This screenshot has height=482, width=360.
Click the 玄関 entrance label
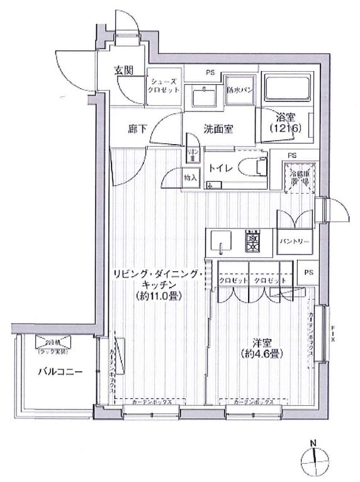point(124,69)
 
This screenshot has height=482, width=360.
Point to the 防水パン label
point(240,89)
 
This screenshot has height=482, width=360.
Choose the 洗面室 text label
point(218,129)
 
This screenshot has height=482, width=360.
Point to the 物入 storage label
point(191,178)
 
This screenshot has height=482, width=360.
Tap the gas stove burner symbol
point(254,241)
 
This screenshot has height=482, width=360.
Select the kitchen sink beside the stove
point(221,240)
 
